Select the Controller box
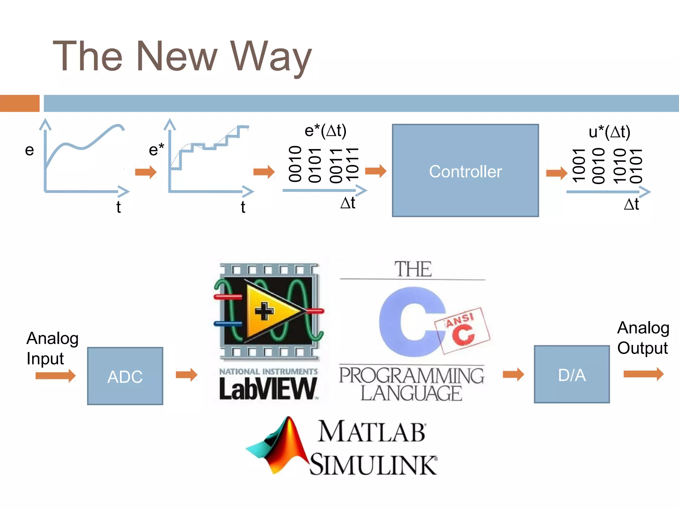click(465, 171)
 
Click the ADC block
click(125, 376)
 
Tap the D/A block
click(572, 374)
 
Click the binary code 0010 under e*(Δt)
click(295, 164)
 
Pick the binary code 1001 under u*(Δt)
click(579, 165)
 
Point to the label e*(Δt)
click(325, 131)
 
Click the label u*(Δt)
click(609, 132)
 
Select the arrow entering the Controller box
click(376, 171)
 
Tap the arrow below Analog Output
click(643, 374)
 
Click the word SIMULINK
click(373, 465)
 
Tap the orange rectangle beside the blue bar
click(20, 103)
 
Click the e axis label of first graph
click(30, 150)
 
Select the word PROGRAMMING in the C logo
click(411, 376)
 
